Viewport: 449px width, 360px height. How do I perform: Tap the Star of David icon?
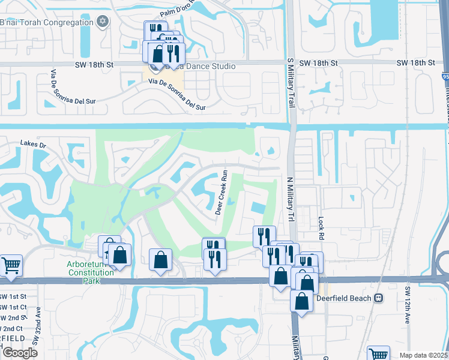[x=103, y=22]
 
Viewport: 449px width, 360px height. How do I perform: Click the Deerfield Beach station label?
[x=343, y=298]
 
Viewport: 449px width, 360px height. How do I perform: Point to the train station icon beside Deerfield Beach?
[x=379, y=298]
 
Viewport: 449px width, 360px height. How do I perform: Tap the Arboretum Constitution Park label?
[x=90, y=272]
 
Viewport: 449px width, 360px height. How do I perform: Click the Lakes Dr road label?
[x=33, y=143]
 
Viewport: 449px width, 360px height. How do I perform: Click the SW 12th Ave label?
[x=406, y=305]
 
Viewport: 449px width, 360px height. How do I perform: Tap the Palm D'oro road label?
[x=179, y=13]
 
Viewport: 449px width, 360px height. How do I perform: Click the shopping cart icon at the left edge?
[x=11, y=265]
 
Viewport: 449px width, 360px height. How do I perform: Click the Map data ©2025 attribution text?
[x=424, y=355]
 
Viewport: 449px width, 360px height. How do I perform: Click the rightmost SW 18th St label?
[x=415, y=63]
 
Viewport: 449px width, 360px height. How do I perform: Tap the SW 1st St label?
[x=13, y=296]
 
